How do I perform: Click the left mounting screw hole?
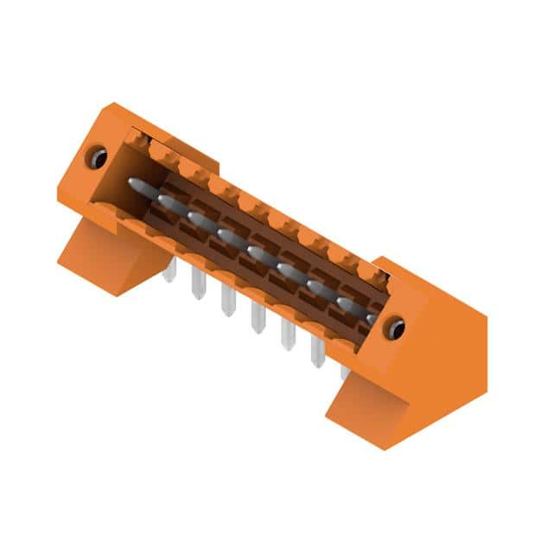[98, 158]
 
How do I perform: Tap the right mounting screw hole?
[395, 328]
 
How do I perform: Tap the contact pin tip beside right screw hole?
[372, 318]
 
